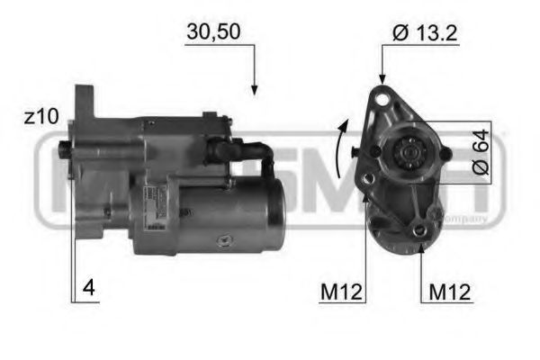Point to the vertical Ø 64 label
[479, 151]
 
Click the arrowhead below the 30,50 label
[255, 89]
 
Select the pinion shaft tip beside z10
[64, 148]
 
